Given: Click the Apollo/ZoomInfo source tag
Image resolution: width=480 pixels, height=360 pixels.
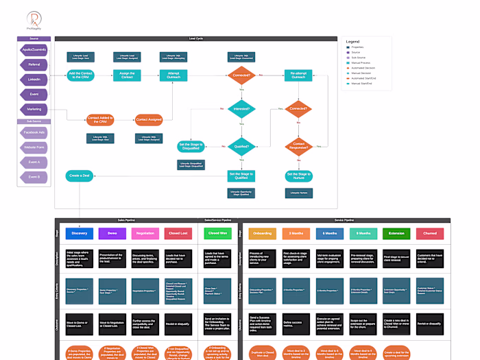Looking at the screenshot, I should (x=34, y=50).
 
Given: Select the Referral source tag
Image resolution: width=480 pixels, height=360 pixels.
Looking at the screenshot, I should (x=34, y=64).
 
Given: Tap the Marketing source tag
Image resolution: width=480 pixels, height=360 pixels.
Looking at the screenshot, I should (x=34, y=108).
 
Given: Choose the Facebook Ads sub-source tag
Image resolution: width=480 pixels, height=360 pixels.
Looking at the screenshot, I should (x=34, y=132).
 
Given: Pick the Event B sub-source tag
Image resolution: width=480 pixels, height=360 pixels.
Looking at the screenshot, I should (x=34, y=177).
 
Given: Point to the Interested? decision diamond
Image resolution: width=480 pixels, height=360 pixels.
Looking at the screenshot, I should (x=241, y=108).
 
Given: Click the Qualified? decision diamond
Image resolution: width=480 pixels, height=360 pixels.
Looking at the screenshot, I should (x=241, y=145).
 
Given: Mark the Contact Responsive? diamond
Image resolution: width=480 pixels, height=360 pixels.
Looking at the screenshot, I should (x=298, y=145).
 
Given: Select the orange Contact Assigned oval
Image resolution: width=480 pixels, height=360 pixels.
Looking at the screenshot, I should (x=148, y=120).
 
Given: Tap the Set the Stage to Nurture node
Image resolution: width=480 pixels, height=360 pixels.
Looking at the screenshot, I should (x=298, y=176).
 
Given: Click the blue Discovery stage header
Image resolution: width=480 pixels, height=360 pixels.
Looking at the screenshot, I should (x=78, y=234).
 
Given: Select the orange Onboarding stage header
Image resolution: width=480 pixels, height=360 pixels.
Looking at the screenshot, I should (x=263, y=234).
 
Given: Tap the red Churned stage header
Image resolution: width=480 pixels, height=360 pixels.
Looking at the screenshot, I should (x=429, y=234).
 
